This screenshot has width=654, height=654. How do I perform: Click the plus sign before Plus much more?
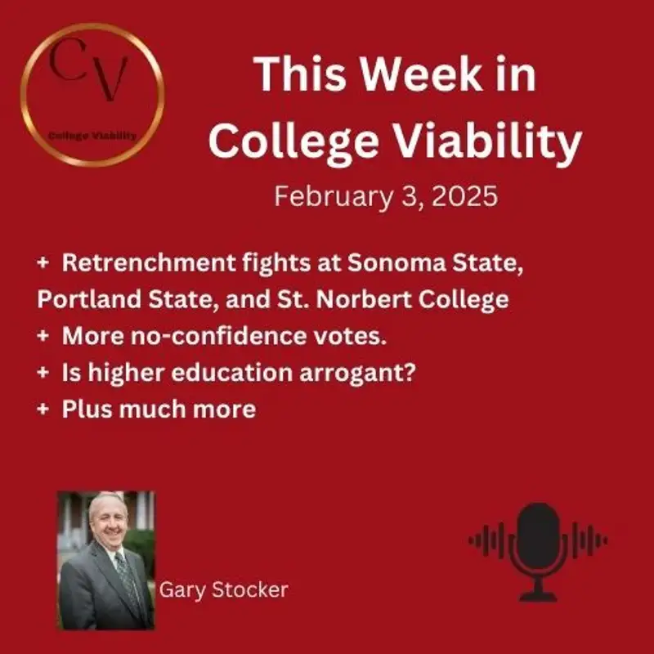click(43, 407)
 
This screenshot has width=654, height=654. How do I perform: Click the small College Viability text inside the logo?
click(92, 136)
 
